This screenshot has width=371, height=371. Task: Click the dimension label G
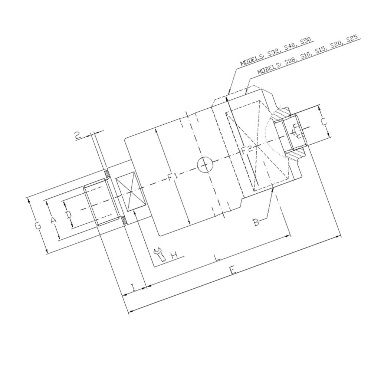coord(38,225)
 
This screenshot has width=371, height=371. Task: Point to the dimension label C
coord(324,121)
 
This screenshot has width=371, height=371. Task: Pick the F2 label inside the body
coord(247,149)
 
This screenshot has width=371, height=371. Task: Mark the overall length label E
coord(233,270)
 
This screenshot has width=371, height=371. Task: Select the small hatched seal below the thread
coord(124,220)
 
